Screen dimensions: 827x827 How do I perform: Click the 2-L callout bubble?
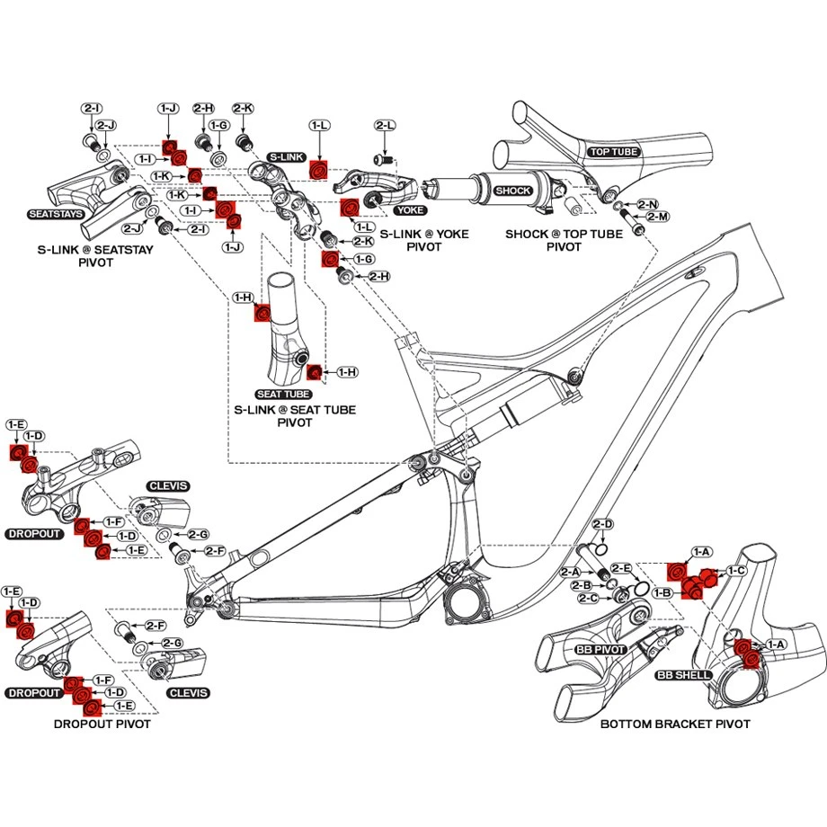(386, 127)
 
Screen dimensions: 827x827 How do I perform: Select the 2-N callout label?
(647, 205)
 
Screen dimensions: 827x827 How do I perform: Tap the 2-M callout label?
(659, 218)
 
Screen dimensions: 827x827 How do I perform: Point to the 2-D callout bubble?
(603, 524)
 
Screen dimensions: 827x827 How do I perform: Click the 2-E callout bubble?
(621, 568)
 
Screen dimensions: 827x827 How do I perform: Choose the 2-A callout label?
(570, 573)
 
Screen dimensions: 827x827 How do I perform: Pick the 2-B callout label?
(582, 585)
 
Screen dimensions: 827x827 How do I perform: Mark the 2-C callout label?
(589, 598)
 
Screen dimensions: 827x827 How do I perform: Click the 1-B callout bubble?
(663, 593)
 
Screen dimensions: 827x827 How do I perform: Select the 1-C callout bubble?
(736, 571)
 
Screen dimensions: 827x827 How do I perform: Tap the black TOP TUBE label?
(614, 152)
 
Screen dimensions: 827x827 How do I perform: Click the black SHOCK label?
(514, 191)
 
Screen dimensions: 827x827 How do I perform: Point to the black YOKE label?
(409, 209)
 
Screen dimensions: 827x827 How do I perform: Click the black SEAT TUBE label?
(284, 395)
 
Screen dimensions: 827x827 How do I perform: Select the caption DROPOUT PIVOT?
(102, 724)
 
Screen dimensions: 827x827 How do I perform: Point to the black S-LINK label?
(287, 156)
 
